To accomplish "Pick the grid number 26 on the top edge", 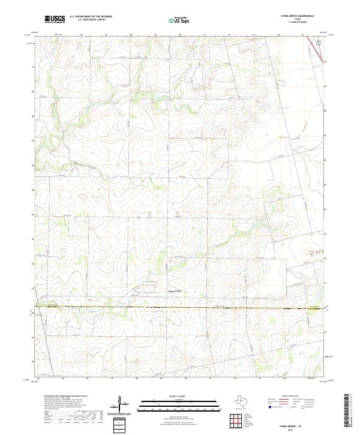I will click(x=81, y=34).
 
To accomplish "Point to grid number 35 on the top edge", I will click(x=302, y=34).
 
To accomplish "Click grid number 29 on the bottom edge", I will click(x=161, y=379).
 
